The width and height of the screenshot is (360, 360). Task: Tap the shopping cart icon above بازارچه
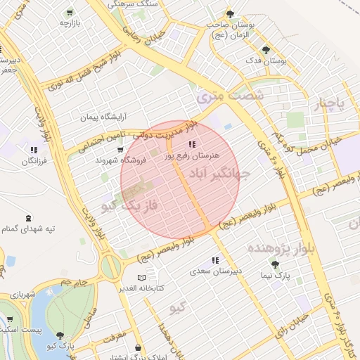(68, 13)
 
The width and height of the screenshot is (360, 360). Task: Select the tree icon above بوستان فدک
(265, 50)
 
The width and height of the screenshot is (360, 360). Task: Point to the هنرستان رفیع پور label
(192, 154)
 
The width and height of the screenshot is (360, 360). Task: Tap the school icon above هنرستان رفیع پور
(193, 143)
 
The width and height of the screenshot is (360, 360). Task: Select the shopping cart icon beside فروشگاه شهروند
(120, 150)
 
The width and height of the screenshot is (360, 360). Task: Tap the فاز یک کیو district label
(129, 206)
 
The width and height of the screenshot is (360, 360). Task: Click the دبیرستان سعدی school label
(217, 271)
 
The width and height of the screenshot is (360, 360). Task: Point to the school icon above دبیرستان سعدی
(214, 260)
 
